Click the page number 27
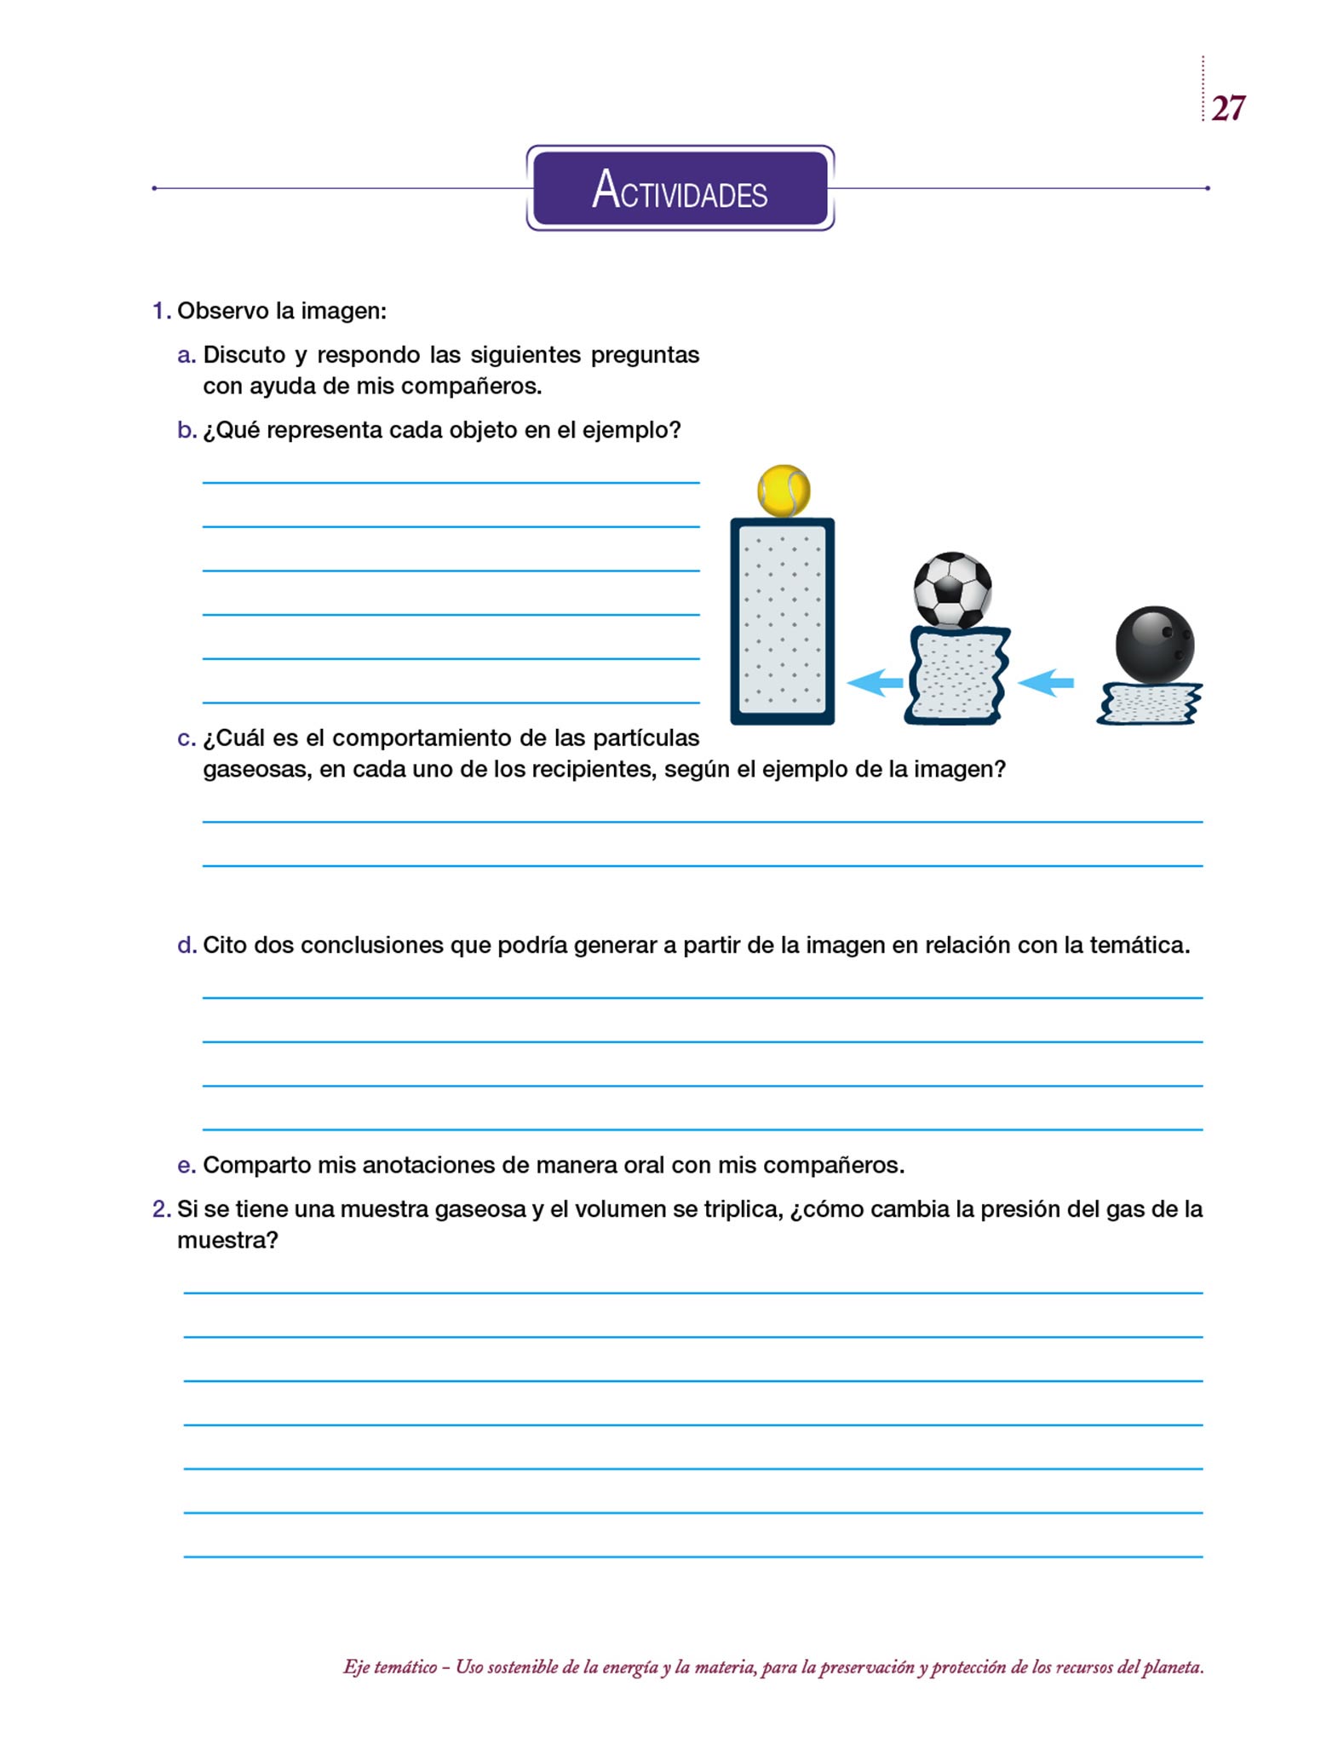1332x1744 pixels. (1227, 108)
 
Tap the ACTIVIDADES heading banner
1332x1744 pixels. (680, 188)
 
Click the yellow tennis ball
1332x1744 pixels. (784, 490)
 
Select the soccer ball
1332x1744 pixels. (952, 590)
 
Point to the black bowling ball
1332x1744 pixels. (1154, 645)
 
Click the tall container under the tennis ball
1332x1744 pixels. (782, 621)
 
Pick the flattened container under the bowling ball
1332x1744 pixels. (1150, 703)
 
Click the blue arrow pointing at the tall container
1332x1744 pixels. (876, 682)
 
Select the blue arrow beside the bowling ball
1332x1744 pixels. (1046, 682)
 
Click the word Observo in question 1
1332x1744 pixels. (222, 311)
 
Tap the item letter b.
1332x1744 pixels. (187, 430)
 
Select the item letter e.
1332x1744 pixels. (187, 1165)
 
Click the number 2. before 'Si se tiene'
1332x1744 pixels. (162, 1209)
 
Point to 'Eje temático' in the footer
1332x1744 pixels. (390, 1667)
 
